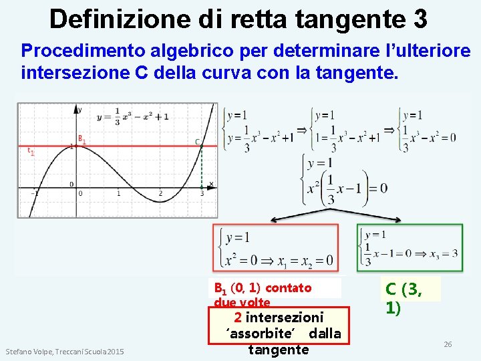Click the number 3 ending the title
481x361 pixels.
pos(420,19)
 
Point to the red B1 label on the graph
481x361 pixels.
pos(82,139)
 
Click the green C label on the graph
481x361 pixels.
pos(197,141)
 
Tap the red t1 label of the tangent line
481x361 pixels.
pos(30,152)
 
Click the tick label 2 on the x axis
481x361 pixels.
pos(160,194)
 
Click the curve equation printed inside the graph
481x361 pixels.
pos(132,116)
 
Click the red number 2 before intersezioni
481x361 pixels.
pos(238,317)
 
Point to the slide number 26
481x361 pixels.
pos(448,344)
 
